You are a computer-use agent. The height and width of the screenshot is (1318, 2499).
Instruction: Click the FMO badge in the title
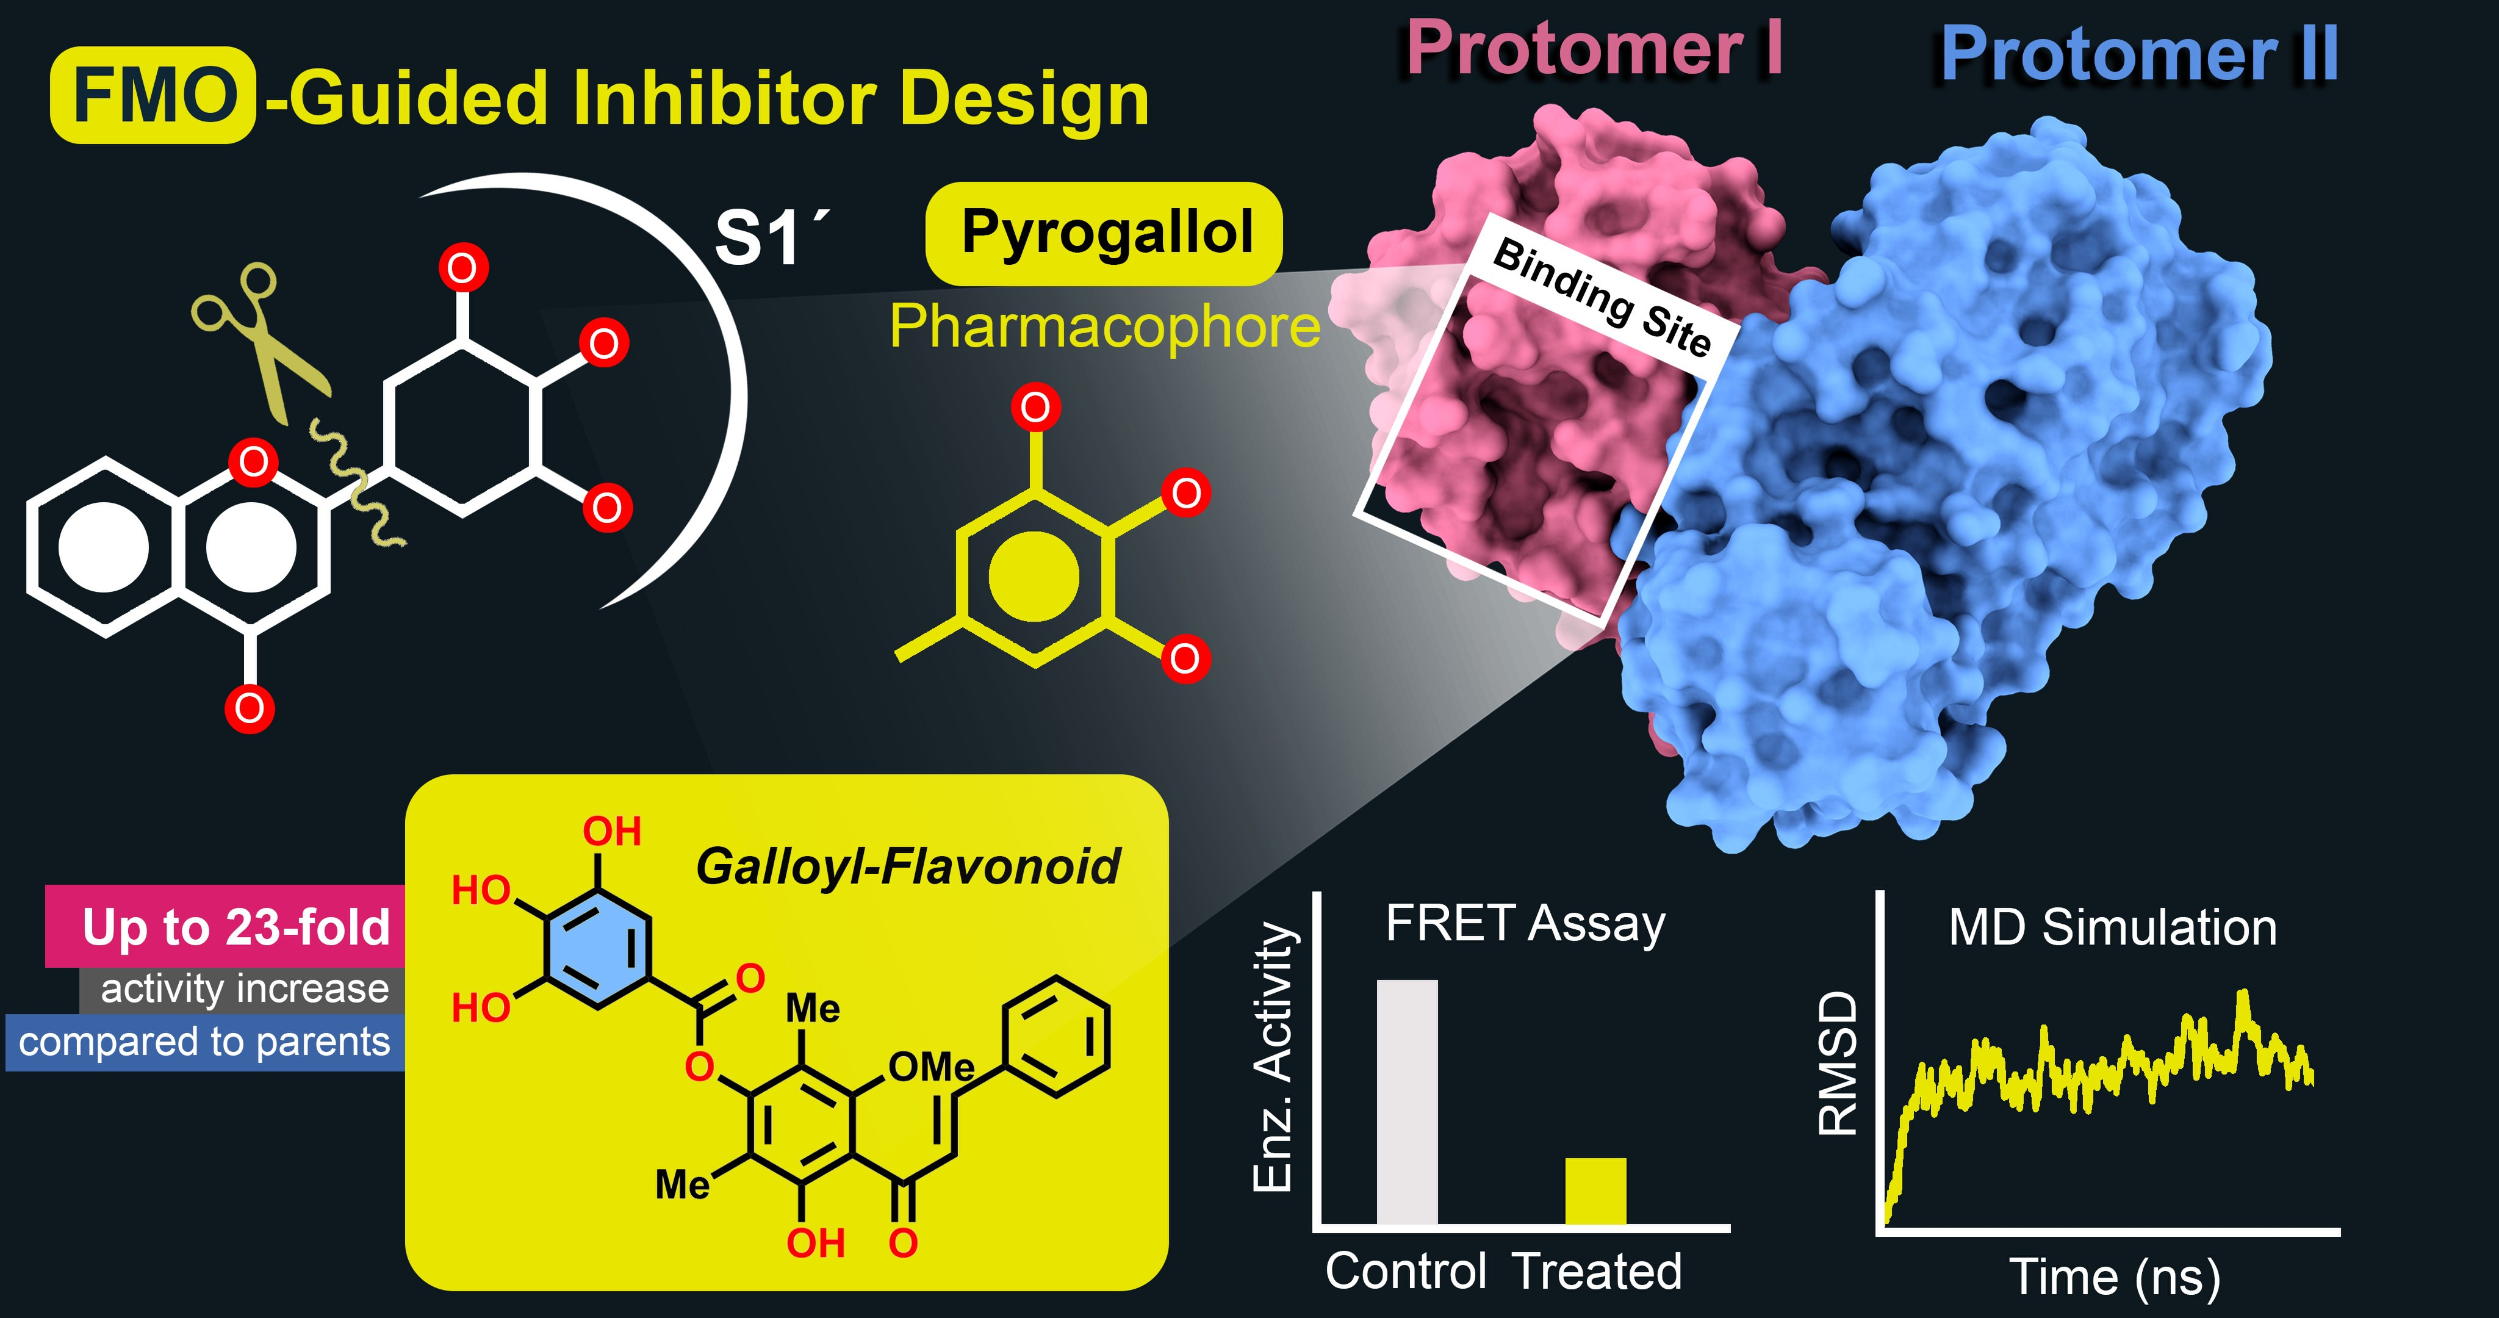153,95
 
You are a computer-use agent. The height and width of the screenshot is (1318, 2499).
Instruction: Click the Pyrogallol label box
1104,233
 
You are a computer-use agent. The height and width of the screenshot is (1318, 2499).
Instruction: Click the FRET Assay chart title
1525,924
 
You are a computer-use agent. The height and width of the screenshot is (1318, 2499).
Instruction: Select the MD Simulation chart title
2112,928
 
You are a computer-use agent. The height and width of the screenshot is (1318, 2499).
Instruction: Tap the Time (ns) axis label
2115,1277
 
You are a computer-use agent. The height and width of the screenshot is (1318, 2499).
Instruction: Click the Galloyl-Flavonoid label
907,866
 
